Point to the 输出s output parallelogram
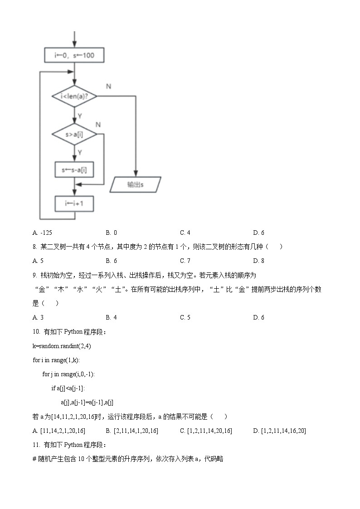tap(136, 184)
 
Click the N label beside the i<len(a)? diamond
tap(108, 86)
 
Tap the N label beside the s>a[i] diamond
tap(98, 124)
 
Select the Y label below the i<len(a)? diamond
tap(80, 116)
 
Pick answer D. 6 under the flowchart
tap(258, 233)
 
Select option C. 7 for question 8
tap(185, 261)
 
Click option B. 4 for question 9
tap(111, 317)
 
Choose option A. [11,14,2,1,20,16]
tap(59, 431)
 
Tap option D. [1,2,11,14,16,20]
tap(279, 431)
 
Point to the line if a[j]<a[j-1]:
tap(68, 388)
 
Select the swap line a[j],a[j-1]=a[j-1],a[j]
tap(87, 402)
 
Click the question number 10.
tap(37, 331)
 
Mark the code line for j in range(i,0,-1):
tap(68, 374)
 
